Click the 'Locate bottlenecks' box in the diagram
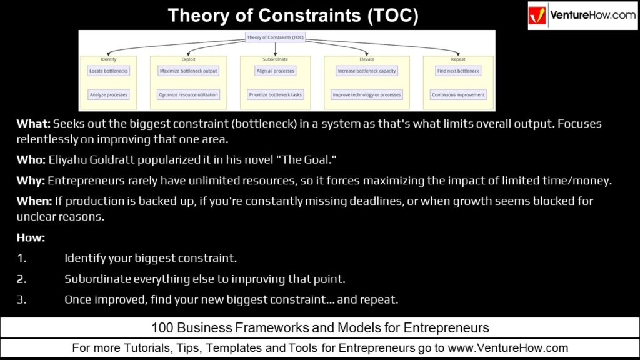108,71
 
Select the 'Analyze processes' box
108,95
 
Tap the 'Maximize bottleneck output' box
188,71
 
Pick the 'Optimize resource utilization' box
188,95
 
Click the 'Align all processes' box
276,71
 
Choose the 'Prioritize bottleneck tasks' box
276,95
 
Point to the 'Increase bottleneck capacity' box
367,71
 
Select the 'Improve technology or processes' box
367,95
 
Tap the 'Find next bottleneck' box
458,71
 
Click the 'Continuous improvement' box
458,95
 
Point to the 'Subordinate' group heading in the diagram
276,59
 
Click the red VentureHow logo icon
538,16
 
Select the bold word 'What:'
33,124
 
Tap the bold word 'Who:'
31,161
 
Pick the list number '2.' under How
22,279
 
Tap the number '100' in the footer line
162,327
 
